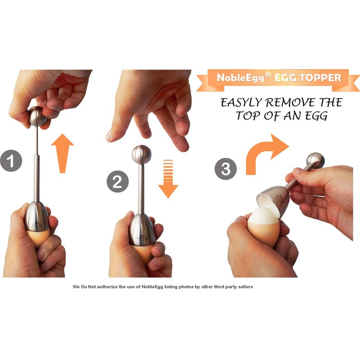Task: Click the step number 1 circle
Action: point(11,161)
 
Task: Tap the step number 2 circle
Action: point(117,182)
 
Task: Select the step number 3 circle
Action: point(226,169)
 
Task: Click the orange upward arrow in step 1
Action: point(62,153)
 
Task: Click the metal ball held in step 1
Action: point(37,116)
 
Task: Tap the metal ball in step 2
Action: point(142,154)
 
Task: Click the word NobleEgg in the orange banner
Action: point(241,78)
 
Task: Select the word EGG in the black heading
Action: point(316,116)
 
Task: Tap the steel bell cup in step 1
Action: point(36,216)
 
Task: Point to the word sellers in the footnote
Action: point(245,287)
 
